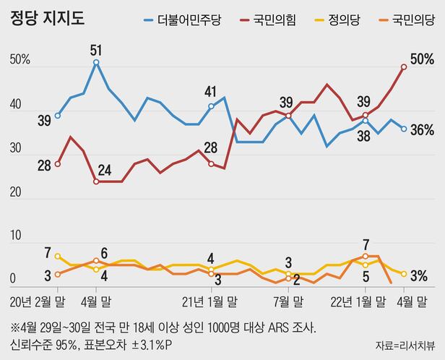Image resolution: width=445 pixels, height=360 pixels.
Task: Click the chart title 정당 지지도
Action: pos(48,18)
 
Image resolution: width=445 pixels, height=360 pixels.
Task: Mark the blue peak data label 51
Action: pos(96,50)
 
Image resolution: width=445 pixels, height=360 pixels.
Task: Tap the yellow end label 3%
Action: pos(419,275)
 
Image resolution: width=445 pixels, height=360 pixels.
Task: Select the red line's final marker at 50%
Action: pos(404,66)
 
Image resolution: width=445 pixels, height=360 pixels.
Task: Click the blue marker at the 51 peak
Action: pos(96,62)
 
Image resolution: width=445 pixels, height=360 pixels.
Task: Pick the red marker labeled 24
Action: pos(96,181)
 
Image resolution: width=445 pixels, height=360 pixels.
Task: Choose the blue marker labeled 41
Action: pos(211,106)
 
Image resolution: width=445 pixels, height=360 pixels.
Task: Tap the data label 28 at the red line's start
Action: pos(44,166)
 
